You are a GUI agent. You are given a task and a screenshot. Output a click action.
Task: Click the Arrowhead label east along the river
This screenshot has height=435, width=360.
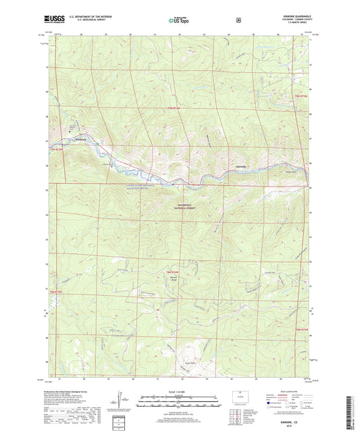(x=225, y=165)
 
